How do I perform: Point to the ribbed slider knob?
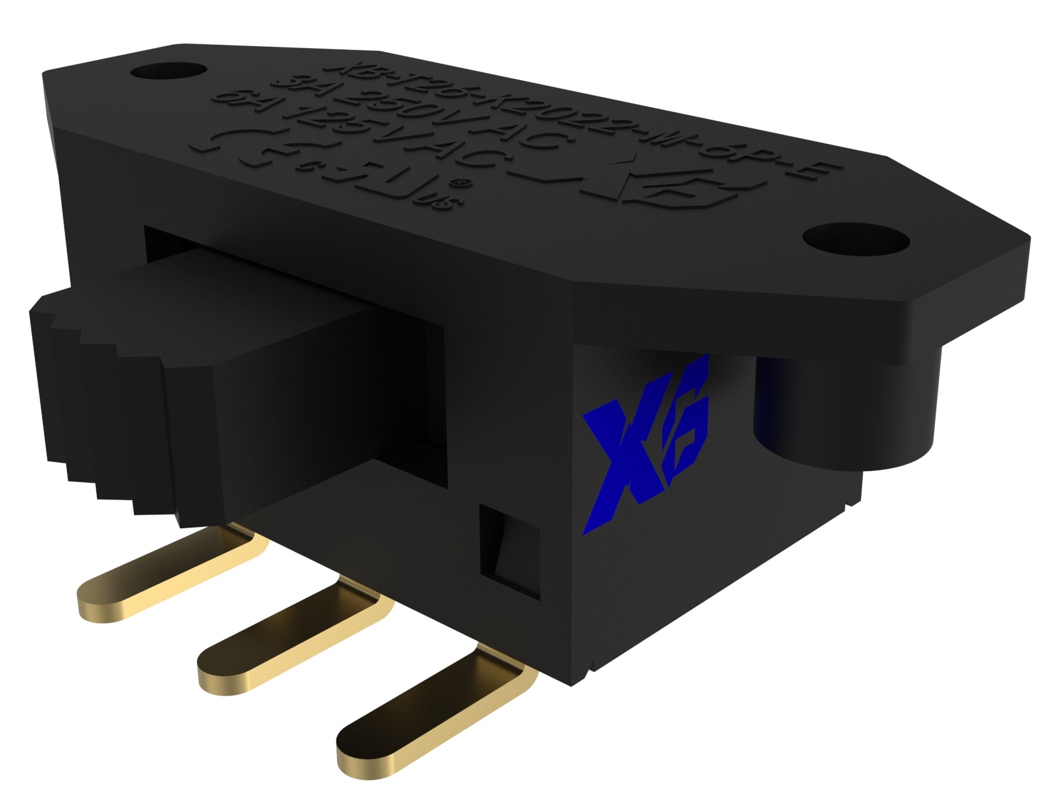[117, 397]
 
